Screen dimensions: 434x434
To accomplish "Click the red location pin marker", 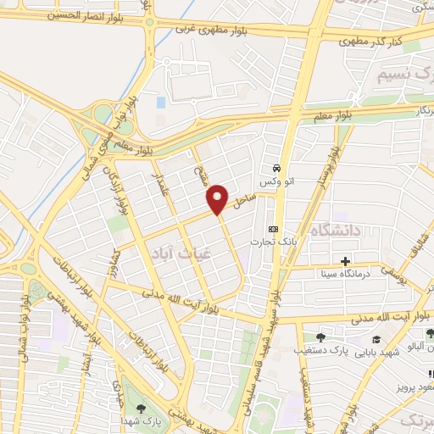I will [x=218, y=199].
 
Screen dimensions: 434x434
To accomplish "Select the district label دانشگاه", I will [x=336, y=230].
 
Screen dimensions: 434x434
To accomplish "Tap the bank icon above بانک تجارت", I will [x=272, y=229].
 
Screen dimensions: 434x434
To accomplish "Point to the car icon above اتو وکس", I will [x=277, y=168].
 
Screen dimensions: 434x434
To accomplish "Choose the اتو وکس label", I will [x=277, y=182].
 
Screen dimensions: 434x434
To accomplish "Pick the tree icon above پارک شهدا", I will [x=140, y=409].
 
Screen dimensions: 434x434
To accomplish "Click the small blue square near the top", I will [x=161, y=103].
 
